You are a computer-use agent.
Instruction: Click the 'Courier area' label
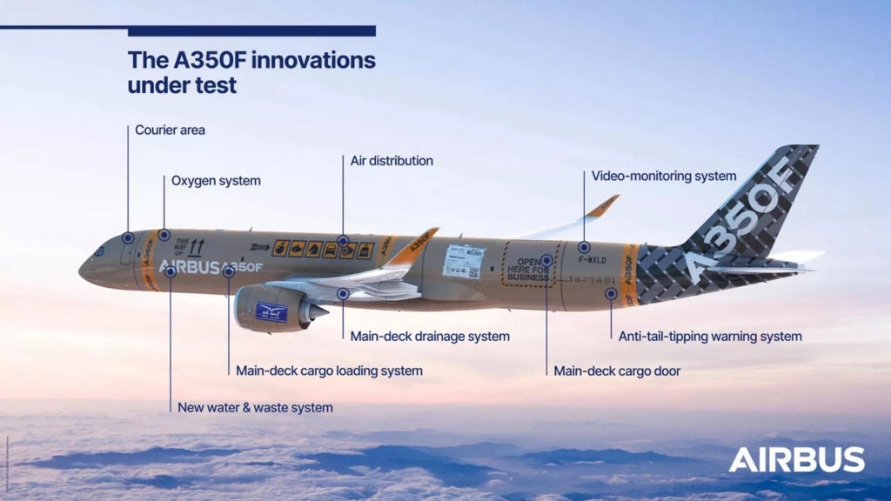(170, 130)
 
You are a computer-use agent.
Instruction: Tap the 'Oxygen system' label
(216, 181)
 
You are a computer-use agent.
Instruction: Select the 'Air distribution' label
(392, 161)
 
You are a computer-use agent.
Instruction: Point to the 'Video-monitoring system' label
(663, 177)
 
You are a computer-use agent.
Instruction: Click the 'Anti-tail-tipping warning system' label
(710, 337)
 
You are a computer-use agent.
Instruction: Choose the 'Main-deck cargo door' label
(617, 371)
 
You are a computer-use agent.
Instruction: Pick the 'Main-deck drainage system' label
(430, 337)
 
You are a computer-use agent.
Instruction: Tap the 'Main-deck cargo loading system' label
(329, 371)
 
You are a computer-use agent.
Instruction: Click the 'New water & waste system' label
(255, 407)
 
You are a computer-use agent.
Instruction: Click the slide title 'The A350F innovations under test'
(251, 73)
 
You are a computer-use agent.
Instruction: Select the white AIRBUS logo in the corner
(796, 460)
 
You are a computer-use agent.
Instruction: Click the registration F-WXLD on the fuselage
(595, 260)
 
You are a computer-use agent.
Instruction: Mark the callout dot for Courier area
(128, 237)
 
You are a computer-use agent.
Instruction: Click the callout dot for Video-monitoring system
(584, 247)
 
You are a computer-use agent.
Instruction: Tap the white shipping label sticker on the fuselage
(463, 261)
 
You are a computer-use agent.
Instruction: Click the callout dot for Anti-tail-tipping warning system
(611, 294)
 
